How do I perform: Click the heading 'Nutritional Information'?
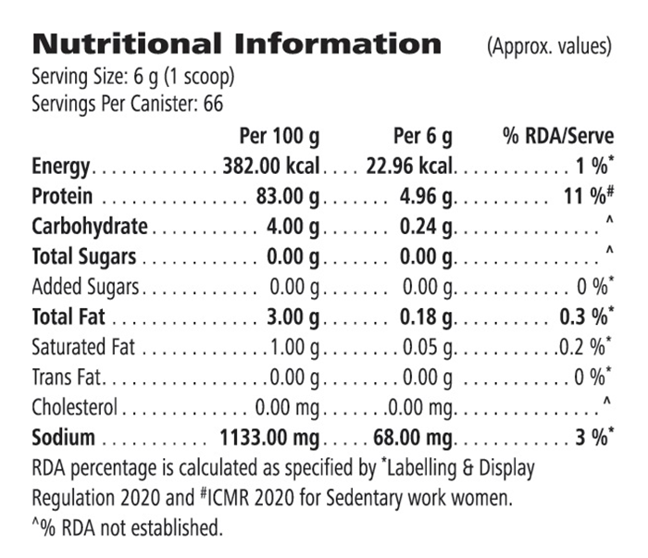point(237,43)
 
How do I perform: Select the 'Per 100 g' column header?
point(280,138)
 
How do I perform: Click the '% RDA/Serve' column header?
point(558,138)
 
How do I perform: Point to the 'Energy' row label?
point(60,167)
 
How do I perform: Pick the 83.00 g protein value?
point(288,197)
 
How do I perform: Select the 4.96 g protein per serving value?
point(426,197)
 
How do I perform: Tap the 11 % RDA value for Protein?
point(592,197)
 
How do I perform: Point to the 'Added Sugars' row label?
point(85,287)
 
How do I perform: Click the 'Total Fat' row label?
point(68,317)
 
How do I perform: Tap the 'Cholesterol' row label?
point(75,407)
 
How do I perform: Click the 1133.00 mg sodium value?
point(269,437)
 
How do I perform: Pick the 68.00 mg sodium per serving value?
point(414,437)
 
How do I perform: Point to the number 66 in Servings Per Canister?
point(213,105)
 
